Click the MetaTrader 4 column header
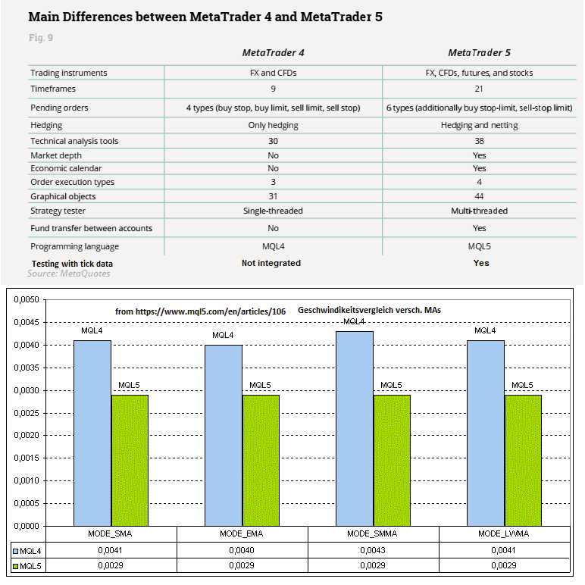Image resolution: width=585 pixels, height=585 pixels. (273, 52)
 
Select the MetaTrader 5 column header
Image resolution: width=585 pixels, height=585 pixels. (479, 52)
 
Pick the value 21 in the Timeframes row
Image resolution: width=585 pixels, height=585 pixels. (479, 89)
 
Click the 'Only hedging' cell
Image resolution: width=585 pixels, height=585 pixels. (273, 125)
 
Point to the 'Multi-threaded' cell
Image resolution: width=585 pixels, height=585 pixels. (479, 211)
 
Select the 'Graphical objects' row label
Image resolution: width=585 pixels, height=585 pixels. (63, 196)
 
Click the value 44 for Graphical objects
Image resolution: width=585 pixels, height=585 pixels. (479, 196)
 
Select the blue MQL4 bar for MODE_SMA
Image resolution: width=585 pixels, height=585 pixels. (92, 433)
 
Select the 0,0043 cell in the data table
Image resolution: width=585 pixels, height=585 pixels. (373, 552)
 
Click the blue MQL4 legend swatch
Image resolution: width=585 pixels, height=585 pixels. (15, 552)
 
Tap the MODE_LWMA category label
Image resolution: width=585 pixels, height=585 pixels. (504, 534)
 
